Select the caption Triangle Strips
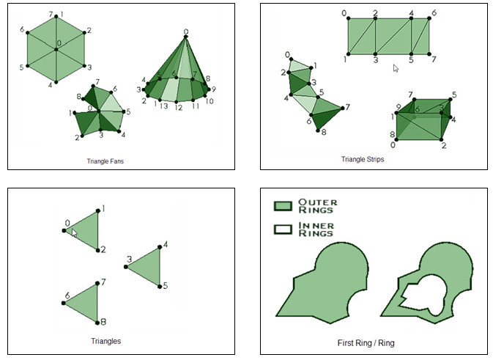click(362, 159)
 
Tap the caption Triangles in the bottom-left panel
click(105, 341)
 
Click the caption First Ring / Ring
click(366, 342)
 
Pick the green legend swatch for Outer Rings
click(283, 206)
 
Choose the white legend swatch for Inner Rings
click(283, 229)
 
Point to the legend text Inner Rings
click(316, 229)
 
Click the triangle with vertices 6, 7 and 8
click(86, 301)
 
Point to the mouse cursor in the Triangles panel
click(74, 232)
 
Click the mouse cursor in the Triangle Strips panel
click(396, 68)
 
